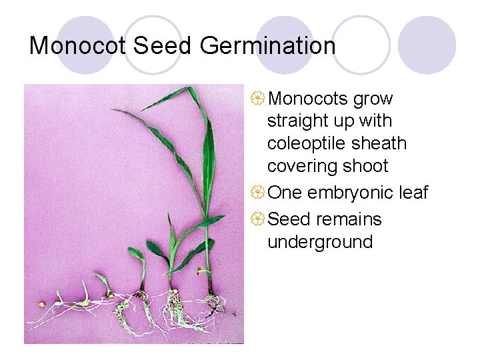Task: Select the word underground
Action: pos(320,241)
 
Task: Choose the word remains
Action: pos(349,219)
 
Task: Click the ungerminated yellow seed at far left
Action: pos(42,305)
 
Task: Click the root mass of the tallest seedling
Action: pos(215,304)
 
